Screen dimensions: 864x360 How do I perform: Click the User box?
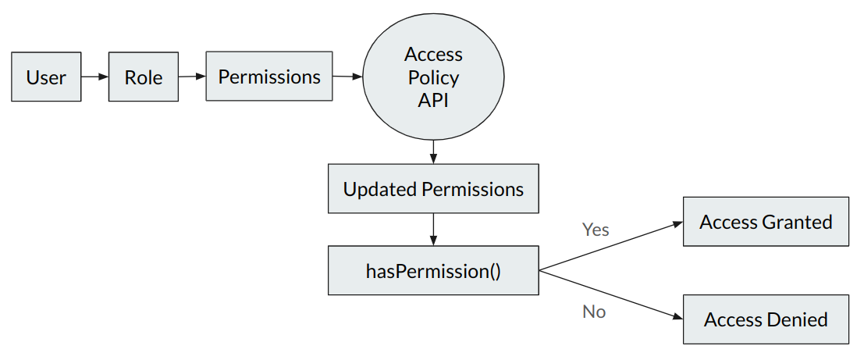[x=46, y=77]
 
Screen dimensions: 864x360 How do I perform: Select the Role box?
[x=144, y=77]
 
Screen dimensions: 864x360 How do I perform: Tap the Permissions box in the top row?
[x=269, y=76]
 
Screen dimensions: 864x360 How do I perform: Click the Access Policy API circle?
[x=433, y=77]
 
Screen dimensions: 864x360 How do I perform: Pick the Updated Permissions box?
[x=433, y=188]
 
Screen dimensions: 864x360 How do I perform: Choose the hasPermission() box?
[x=433, y=271]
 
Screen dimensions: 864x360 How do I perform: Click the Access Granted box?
[x=766, y=222]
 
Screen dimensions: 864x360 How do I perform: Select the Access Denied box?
[x=766, y=319]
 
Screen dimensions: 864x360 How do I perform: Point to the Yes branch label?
[x=596, y=230]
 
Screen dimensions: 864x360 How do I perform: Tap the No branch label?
[x=594, y=312]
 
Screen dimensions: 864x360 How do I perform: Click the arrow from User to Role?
[x=94, y=77]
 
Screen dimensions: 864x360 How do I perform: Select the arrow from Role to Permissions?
[x=192, y=77]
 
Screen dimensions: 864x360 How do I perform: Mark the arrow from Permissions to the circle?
[x=347, y=77]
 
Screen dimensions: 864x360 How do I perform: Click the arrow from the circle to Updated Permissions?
[x=433, y=151]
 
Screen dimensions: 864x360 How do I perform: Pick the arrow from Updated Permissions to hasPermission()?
[x=433, y=230]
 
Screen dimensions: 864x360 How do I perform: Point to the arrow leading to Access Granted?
[x=611, y=247]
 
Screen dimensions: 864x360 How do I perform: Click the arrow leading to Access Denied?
[x=611, y=294]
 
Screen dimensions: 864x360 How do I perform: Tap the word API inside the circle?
[x=433, y=100]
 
